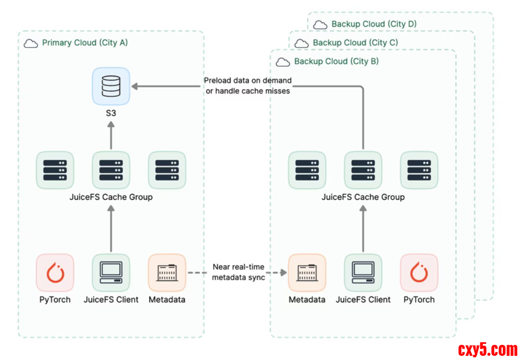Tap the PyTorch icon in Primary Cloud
[x=55, y=272]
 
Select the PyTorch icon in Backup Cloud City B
[x=419, y=272]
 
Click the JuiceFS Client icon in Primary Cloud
[x=111, y=272]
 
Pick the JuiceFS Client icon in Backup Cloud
[x=363, y=272]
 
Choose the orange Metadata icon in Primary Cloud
[x=167, y=272]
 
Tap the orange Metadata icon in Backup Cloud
[x=307, y=272]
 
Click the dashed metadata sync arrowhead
[x=284, y=272]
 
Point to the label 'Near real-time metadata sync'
[x=238, y=272]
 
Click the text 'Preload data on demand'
[x=247, y=81]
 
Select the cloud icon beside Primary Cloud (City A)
[x=31, y=43]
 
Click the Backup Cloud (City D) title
[x=374, y=24]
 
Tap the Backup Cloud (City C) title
[x=355, y=43]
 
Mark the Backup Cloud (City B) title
[x=336, y=62]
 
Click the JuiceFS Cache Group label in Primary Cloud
[x=111, y=197]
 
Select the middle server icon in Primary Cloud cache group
[x=111, y=170]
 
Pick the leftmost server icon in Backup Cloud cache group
[x=307, y=170]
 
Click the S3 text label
[x=111, y=112]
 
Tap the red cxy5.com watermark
[x=488, y=349]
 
